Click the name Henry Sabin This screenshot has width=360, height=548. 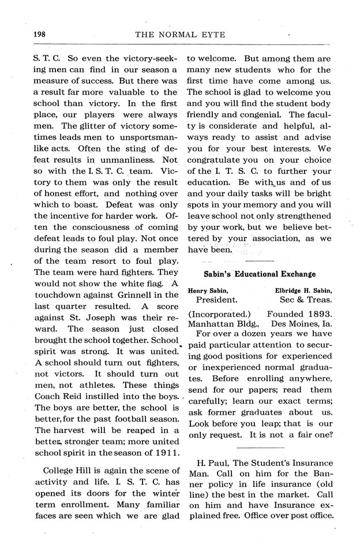(x=209, y=290)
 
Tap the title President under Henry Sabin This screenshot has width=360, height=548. (x=216, y=300)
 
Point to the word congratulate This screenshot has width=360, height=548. (x=220, y=160)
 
